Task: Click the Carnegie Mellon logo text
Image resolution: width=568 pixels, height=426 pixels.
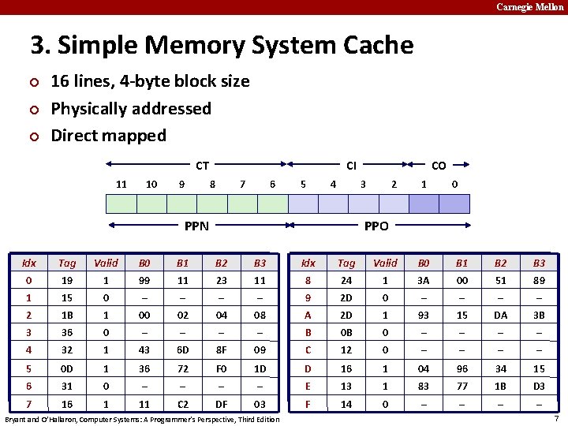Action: (529, 7)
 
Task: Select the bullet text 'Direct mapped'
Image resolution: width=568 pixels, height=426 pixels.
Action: (108, 135)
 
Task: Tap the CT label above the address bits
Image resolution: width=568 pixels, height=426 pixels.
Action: (203, 166)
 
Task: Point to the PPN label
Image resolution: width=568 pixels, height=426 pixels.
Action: (196, 226)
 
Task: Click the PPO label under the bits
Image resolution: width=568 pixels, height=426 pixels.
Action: (376, 226)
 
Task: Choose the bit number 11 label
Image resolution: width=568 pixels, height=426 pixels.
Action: (121, 184)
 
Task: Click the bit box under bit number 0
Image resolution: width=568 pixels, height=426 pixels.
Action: (454, 204)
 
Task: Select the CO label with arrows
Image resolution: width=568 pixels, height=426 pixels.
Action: (439, 166)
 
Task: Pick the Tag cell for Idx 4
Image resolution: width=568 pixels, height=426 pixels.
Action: (67, 349)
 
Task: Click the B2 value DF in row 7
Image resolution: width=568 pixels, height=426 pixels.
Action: (222, 403)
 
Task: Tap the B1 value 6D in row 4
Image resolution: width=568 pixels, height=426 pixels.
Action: (183, 349)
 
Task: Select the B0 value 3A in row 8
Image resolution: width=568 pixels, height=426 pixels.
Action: (424, 280)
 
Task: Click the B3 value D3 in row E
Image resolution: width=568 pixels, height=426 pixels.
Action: (539, 386)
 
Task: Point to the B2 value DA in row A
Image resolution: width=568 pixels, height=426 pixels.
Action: (500, 315)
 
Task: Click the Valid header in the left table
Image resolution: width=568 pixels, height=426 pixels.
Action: (106, 263)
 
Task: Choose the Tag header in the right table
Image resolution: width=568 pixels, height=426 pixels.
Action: (346, 263)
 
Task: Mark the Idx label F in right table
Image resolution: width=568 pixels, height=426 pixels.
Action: (308, 403)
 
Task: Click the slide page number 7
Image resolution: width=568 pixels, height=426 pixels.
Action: (557, 418)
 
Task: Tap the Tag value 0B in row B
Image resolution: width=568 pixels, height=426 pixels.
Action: (346, 332)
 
